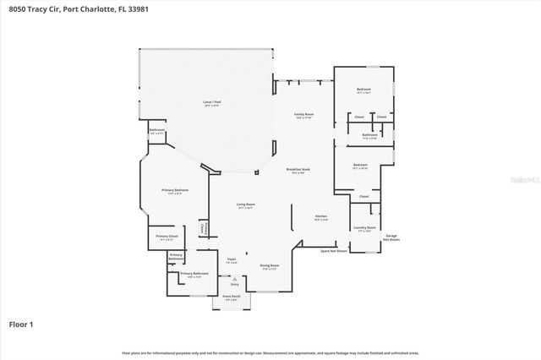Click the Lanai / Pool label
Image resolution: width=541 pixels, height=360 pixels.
coord(211,104)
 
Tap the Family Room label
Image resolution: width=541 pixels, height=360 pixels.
coord(303,115)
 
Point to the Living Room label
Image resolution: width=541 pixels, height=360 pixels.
coord(246,205)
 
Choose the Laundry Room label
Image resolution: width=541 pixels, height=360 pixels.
coord(364,228)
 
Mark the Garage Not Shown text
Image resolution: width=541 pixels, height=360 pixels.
coord(391,237)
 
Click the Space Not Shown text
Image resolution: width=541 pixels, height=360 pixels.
coord(334,251)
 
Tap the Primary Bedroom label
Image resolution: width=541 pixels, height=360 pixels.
coord(175,192)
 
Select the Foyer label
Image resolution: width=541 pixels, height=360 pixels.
coord(232,261)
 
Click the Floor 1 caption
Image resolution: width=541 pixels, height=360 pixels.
coord(21,324)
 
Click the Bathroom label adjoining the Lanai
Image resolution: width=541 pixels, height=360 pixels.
coord(156,131)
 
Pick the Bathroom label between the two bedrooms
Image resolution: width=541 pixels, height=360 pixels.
coord(369,136)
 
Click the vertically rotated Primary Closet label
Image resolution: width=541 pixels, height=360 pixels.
coord(203,229)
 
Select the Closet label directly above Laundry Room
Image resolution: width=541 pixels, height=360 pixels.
coord(363,197)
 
